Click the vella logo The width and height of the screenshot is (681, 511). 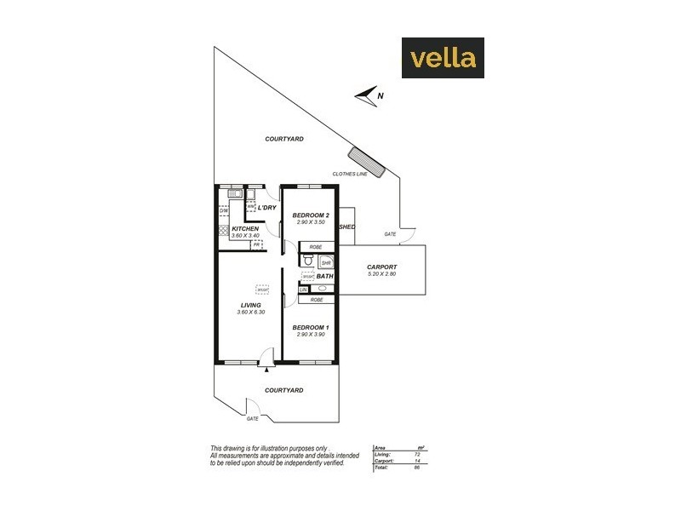(443, 58)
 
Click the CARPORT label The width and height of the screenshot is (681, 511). (382, 267)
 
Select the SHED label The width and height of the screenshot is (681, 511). (346, 227)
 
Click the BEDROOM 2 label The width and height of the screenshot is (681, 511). (309, 215)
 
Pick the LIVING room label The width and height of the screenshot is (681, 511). (250, 305)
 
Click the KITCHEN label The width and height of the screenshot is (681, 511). (245, 229)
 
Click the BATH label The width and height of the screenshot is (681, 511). (324, 276)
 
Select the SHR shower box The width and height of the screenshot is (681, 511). (324, 263)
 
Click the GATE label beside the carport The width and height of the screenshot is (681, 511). (390, 233)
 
